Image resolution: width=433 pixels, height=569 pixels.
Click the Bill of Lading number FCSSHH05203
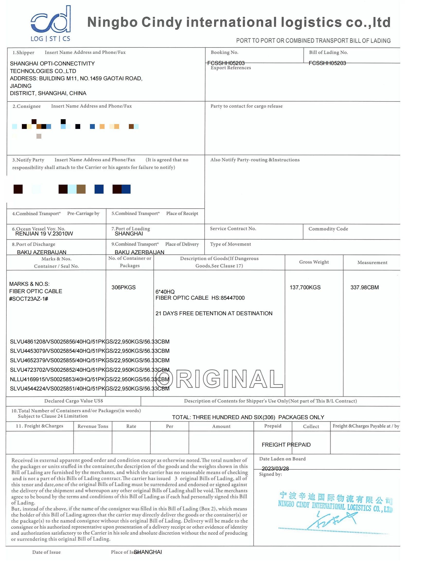point(327,63)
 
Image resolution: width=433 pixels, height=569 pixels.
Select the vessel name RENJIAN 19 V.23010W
point(44,234)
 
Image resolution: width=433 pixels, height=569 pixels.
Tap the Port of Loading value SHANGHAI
point(129,234)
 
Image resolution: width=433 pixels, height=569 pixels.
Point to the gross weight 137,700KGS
point(305,287)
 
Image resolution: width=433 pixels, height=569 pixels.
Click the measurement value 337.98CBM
point(364,287)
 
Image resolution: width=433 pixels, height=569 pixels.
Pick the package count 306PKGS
point(124,287)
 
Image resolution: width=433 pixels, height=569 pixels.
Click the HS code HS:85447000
point(228,298)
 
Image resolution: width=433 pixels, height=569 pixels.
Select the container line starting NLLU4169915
point(89,379)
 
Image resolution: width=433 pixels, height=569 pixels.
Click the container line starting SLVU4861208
point(89,342)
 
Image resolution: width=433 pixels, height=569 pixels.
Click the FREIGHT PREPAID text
point(286,444)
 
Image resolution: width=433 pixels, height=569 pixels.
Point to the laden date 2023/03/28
point(275,469)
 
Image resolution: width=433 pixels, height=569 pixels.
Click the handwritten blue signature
point(333,520)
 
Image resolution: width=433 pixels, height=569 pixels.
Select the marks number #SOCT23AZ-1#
point(29,299)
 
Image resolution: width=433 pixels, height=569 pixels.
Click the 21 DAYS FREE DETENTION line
point(214,313)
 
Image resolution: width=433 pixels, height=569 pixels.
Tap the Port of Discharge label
point(34,244)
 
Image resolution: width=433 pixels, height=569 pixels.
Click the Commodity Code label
point(328,229)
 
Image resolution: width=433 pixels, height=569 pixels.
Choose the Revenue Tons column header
point(93,426)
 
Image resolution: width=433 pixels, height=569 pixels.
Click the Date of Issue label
point(46,552)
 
